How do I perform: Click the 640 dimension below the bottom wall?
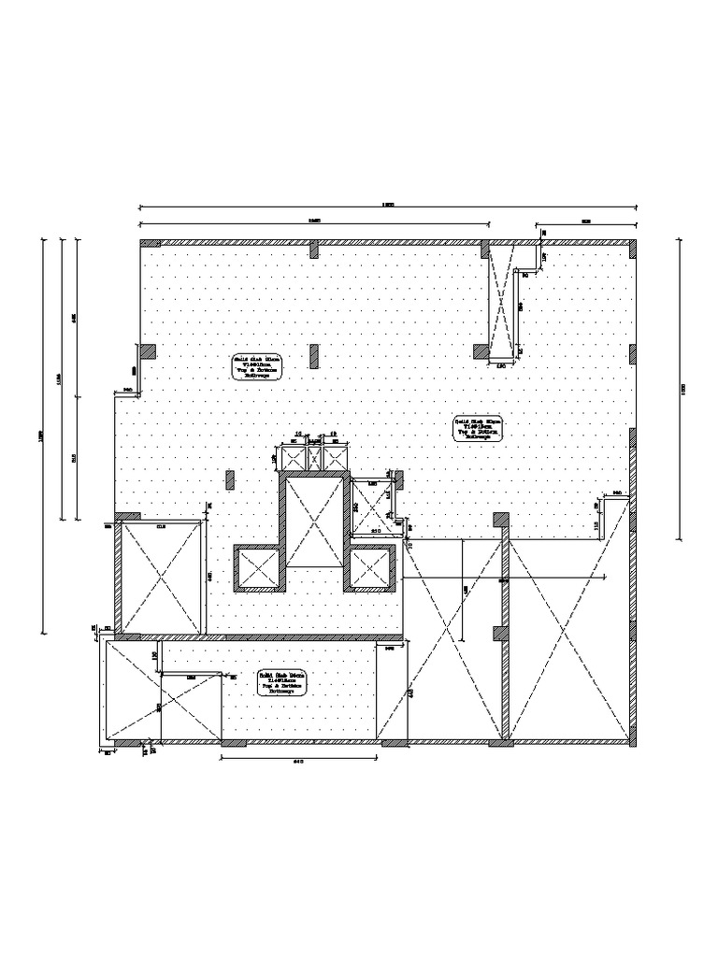click(300, 760)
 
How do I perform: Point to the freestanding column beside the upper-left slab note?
click(315, 356)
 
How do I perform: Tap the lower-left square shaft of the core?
click(257, 568)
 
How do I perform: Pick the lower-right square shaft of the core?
click(373, 568)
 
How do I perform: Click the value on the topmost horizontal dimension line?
click(388, 204)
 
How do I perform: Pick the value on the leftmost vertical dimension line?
click(41, 436)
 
